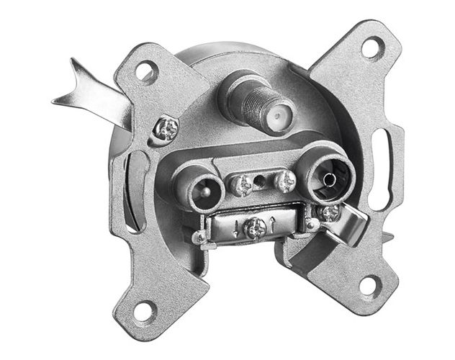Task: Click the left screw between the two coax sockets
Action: [x=243, y=185]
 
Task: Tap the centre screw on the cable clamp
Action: [x=254, y=229]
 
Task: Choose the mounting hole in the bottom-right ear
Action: [x=368, y=285]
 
